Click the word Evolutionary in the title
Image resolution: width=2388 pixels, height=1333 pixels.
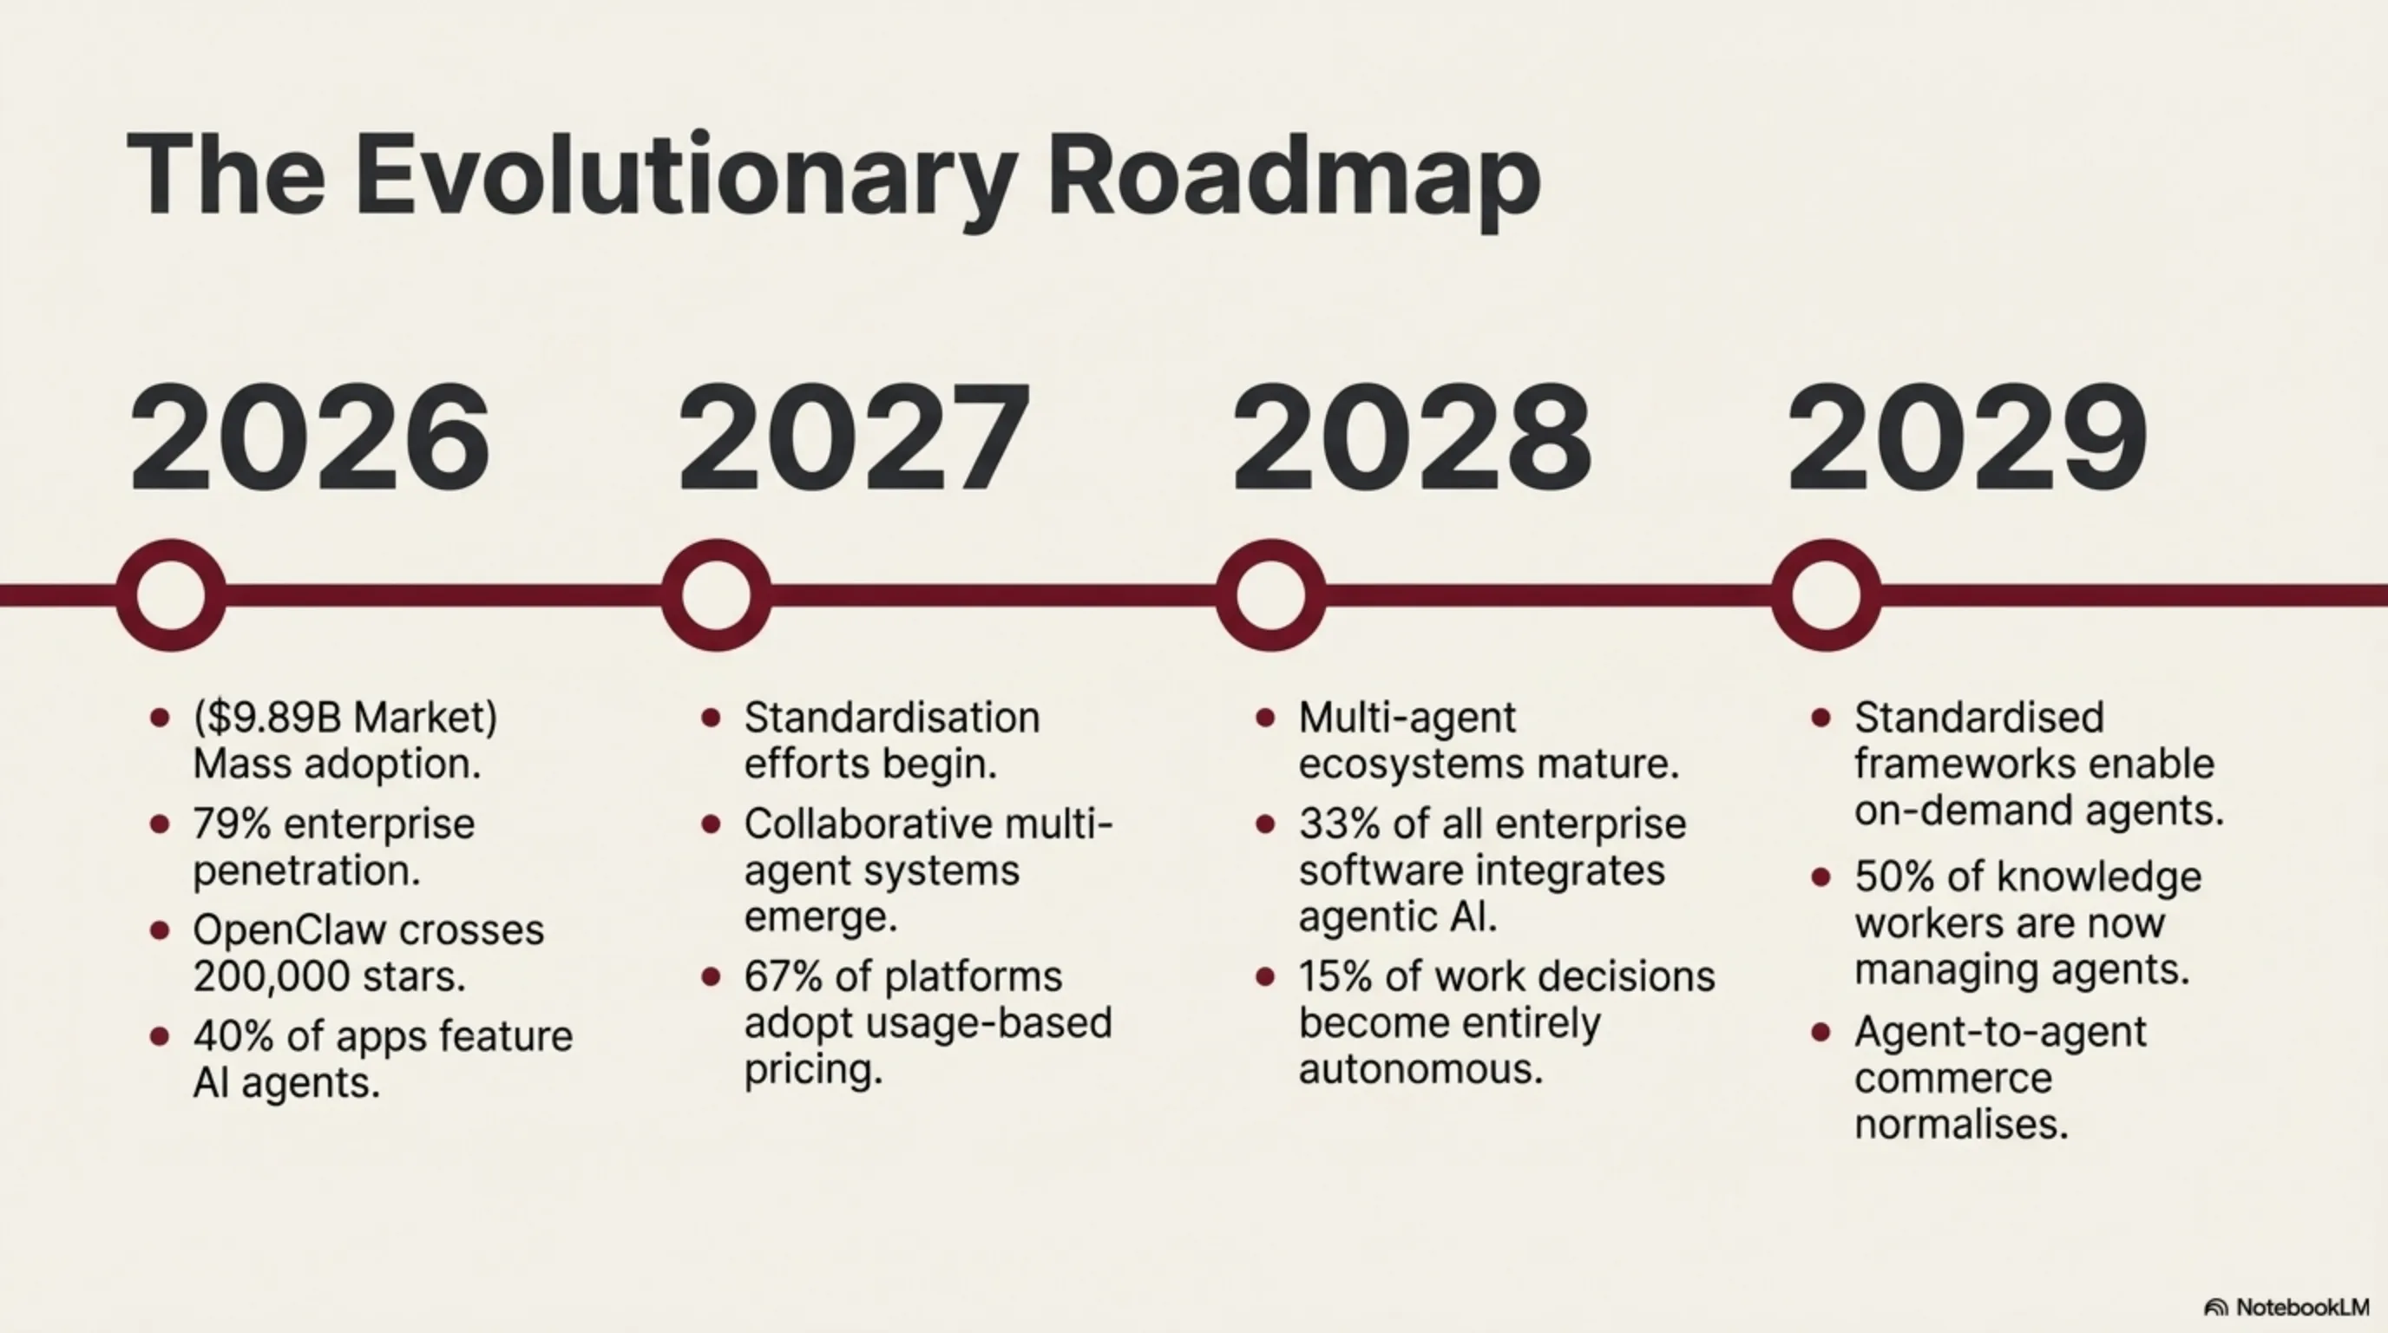coord(687,178)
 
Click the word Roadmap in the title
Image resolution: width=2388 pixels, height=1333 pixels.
coord(1294,178)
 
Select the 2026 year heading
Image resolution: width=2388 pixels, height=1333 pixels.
coord(310,437)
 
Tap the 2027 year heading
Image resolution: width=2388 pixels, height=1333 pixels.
coord(854,437)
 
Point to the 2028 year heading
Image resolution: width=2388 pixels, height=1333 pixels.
coord(1411,437)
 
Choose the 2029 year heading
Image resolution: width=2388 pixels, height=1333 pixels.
coord(1966,437)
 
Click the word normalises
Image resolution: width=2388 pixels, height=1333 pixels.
coord(1963,1125)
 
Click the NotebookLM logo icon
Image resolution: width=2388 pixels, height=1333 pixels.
coord(2215,1308)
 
